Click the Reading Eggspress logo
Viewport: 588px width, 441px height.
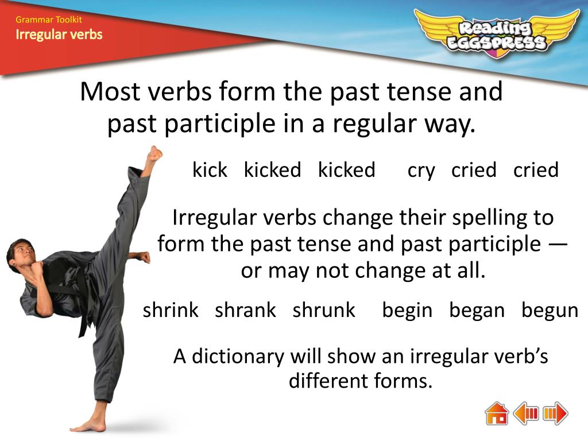click(x=497, y=34)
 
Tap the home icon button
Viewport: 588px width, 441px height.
click(x=497, y=413)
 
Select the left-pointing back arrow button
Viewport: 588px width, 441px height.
click(x=526, y=413)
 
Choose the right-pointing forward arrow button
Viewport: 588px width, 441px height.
click(x=555, y=413)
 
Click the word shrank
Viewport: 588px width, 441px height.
click(x=245, y=311)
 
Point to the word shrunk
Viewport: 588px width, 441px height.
click(x=324, y=311)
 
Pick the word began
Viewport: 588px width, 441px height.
click(x=477, y=311)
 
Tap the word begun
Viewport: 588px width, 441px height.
click(x=550, y=311)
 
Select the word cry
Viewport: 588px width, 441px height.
click(x=421, y=171)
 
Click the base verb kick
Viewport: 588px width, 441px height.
click(x=210, y=170)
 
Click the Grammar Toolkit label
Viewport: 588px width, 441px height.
click(x=49, y=20)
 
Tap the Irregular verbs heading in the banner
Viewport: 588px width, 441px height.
click(x=59, y=34)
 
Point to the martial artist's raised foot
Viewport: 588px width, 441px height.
click(x=154, y=153)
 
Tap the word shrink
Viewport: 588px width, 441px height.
click(x=171, y=311)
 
